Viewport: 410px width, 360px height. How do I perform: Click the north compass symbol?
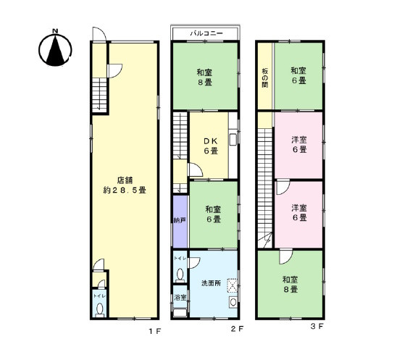tap(55, 49)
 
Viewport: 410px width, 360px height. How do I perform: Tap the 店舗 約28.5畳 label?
tap(125, 185)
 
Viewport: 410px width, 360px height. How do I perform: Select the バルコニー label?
tap(206, 33)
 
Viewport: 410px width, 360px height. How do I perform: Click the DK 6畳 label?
tap(211, 146)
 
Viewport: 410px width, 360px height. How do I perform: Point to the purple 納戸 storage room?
tap(180, 221)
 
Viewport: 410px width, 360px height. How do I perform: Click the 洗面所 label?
tap(211, 283)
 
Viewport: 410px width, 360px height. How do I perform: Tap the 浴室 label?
tap(180, 297)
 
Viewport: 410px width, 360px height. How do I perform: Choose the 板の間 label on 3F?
tap(265, 78)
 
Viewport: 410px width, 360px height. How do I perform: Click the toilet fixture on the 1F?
tap(100, 310)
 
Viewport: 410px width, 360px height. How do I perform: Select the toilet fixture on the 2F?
tap(180, 275)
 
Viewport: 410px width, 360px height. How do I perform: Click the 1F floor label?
tap(155, 332)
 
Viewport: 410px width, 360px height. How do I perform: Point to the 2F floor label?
tap(237, 329)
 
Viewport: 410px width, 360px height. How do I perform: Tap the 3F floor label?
tap(317, 326)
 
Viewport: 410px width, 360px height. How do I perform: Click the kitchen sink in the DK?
tap(233, 139)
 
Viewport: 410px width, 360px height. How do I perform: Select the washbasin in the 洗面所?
tap(233, 302)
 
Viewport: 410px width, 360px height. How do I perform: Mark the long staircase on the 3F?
tap(265, 188)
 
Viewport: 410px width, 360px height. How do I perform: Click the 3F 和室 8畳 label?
tap(290, 285)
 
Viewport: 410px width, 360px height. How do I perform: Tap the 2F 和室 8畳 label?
tap(204, 77)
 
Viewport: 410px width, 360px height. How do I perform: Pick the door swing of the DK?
tap(196, 169)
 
